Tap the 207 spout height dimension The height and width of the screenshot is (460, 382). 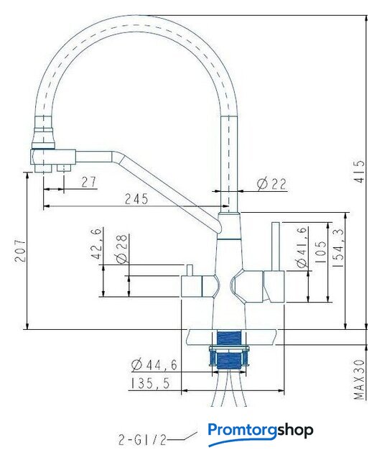click(x=20, y=251)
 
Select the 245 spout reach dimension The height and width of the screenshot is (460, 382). click(x=136, y=199)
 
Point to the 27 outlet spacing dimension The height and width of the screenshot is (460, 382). click(x=88, y=182)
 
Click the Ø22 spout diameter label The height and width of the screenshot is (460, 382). click(x=271, y=184)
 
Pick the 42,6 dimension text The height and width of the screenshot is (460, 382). click(x=97, y=243)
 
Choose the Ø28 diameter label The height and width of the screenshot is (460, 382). click(x=121, y=248)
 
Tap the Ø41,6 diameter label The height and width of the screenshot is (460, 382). click(x=302, y=247)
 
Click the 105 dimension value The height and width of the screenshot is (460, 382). click(x=321, y=252)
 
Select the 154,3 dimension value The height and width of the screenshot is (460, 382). click(x=338, y=248)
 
